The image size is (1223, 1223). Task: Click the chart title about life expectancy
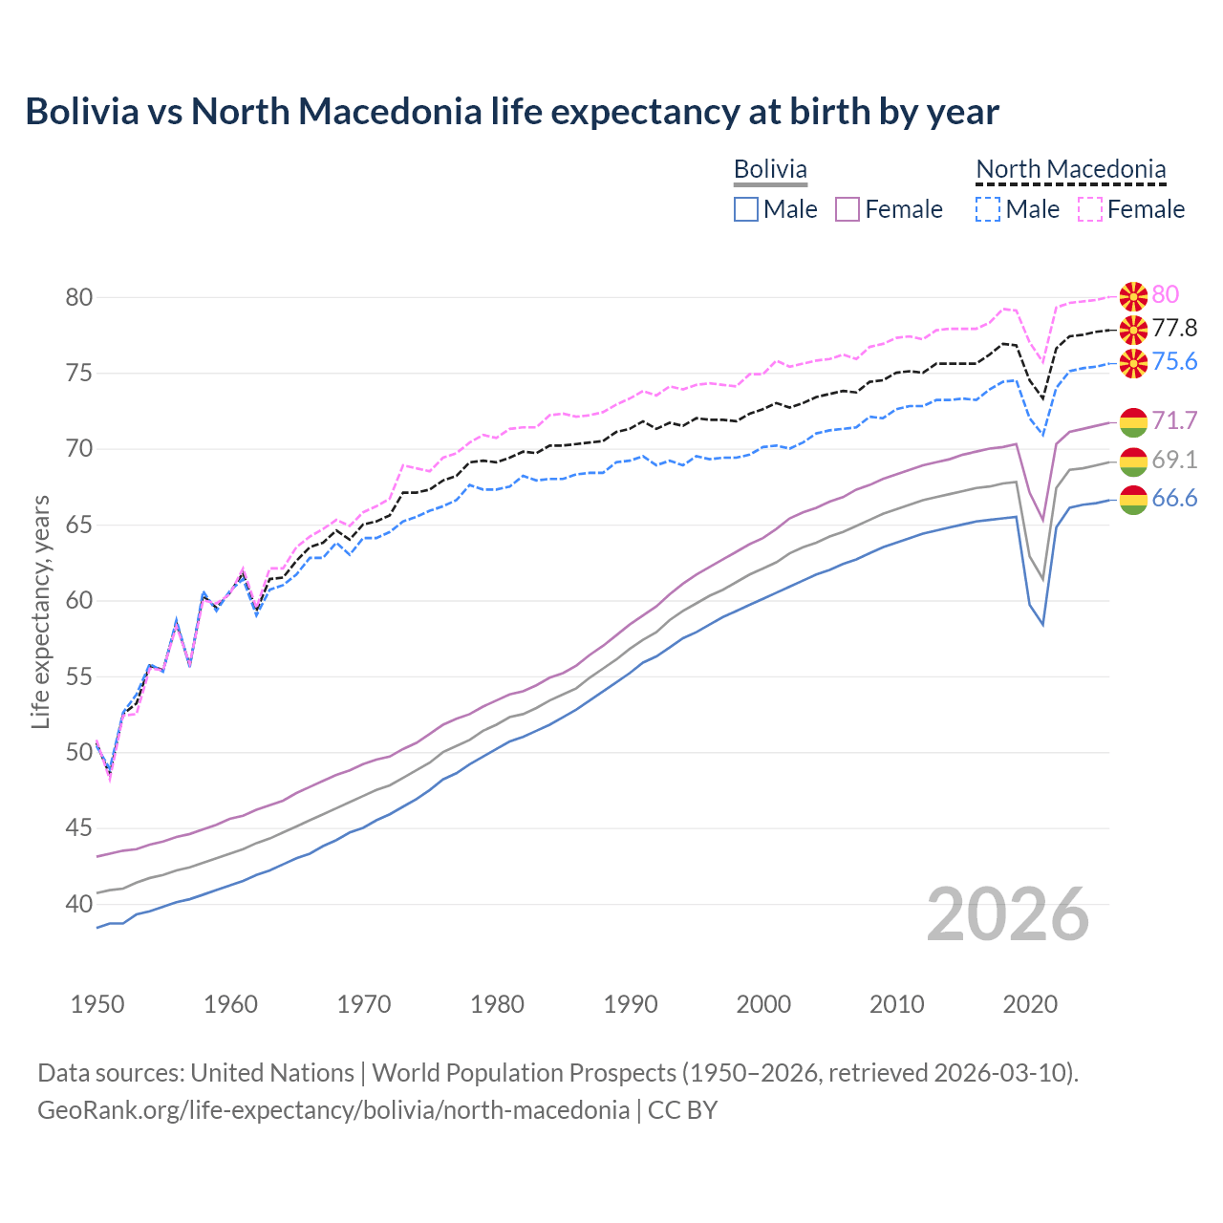(511, 112)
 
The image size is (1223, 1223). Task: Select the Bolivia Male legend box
(746, 209)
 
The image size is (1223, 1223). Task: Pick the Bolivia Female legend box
(848, 209)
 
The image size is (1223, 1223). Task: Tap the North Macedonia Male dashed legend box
(988, 209)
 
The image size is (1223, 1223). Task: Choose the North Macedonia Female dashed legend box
(1089, 209)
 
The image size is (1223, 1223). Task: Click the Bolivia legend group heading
(770, 169)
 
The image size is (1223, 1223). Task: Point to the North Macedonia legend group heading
(1070, 169)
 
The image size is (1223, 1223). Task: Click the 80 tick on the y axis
(79, 297)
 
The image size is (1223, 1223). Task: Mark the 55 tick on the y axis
(79, 677)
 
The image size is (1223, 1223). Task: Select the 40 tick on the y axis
(79, 904)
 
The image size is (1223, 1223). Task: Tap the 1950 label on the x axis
(97, 1004)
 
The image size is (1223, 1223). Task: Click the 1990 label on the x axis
(631, 1004)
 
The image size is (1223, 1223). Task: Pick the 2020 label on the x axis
(1030, 1004)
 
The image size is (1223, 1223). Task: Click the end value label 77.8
(1174, 329)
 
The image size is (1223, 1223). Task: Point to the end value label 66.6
(1174, 499)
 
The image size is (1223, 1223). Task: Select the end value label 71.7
(1174, 420)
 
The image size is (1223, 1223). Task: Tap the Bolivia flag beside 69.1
(1133, 461)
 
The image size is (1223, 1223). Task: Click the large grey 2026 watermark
(1008, 914)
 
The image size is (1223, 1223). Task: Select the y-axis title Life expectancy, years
(40, 611)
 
